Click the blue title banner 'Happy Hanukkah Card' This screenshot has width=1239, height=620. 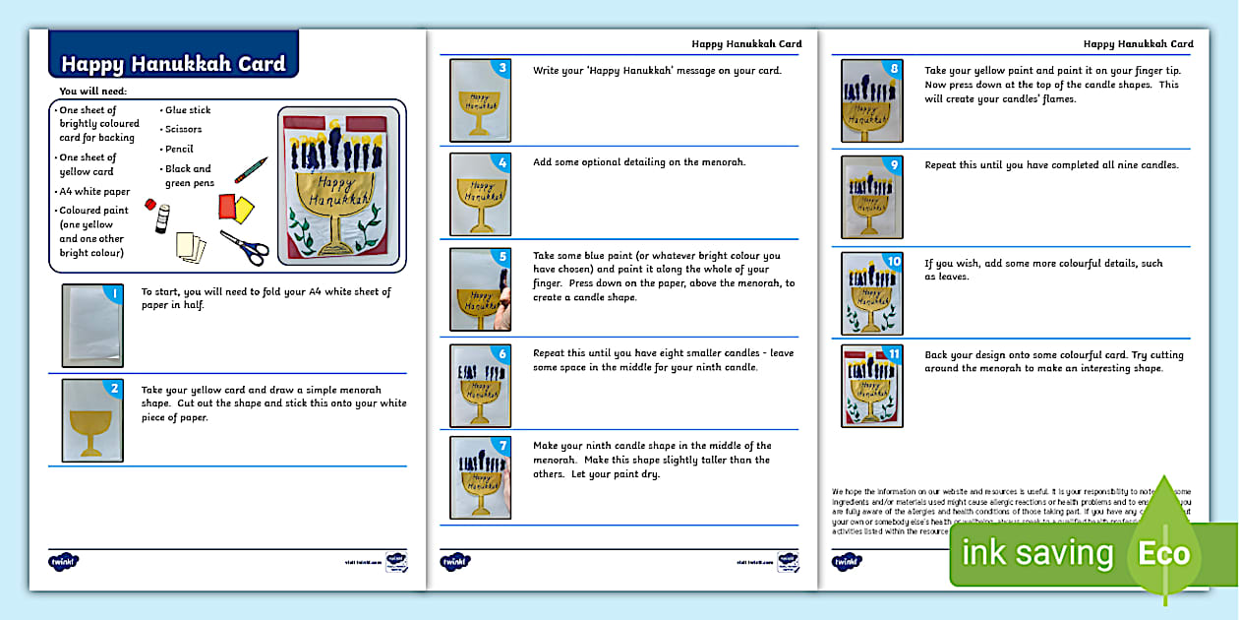(173, 64)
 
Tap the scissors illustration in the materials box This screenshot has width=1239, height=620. (244, 247)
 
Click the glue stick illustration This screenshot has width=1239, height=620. (163, 218)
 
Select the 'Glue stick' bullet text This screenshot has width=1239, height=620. (188, 110)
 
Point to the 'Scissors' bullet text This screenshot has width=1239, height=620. (184, 129)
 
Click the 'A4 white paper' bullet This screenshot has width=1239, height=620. (94, 192)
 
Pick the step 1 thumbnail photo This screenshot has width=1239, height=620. (92, 325)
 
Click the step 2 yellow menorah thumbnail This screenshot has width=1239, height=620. (92, 418)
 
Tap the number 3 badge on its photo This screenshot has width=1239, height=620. (502, 68)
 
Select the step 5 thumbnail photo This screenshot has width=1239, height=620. (480, 288)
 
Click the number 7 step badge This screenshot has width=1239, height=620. (502, 446)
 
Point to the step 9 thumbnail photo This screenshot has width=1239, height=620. (871, 197)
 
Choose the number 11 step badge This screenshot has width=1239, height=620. (894, 354)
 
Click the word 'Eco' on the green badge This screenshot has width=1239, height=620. (1163, 554)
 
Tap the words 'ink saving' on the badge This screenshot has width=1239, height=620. (1037, 553)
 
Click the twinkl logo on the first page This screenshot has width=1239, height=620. (63, 561)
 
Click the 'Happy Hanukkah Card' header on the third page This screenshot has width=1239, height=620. (1138, 43)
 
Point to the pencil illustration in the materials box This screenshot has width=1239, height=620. (251, 170)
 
